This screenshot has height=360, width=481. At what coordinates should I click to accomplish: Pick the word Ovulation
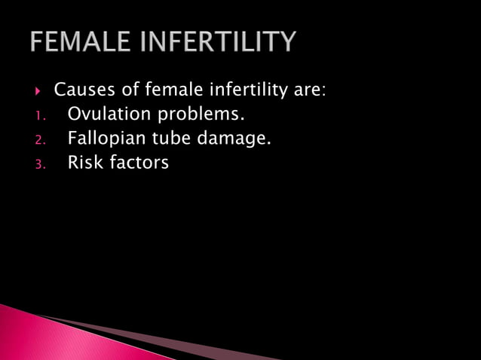(107, 115)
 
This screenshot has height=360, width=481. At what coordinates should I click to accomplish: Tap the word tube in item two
(177, 139)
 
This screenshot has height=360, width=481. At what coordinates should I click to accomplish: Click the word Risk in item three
(85, 162)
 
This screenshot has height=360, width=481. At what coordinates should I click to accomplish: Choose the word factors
(139, 163)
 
